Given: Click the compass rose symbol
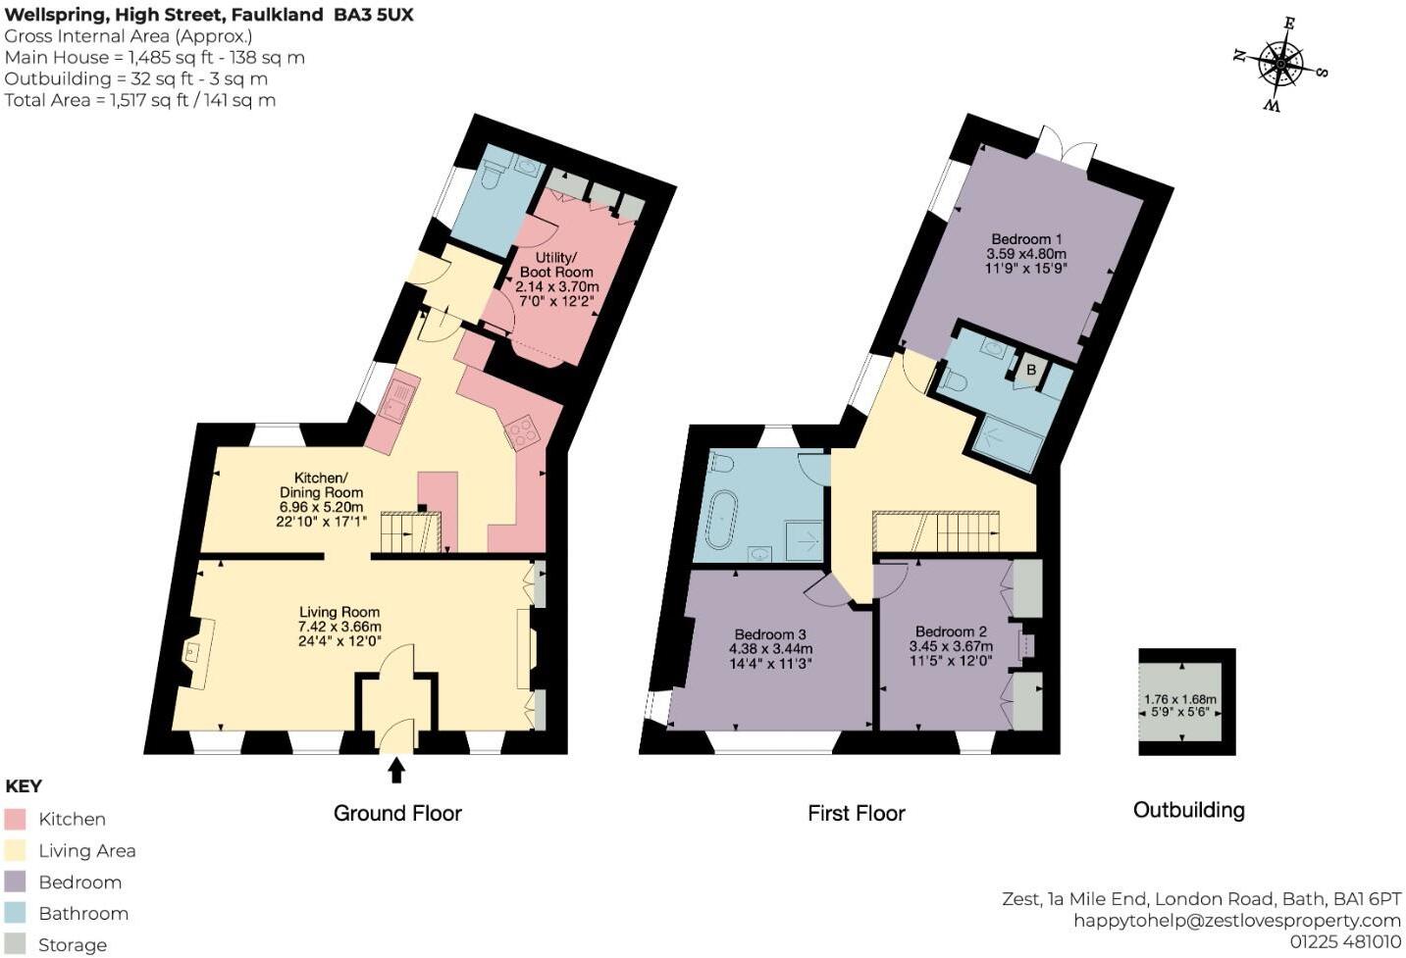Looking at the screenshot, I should [1279, 65].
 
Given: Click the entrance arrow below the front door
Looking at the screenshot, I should [396, 771].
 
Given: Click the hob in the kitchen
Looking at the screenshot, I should [522, 430].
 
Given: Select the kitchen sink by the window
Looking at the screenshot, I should [396, 400].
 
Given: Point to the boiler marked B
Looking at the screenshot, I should [1030, 371].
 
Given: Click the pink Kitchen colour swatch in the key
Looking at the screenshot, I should [15, 819].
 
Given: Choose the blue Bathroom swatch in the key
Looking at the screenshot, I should [15, 913].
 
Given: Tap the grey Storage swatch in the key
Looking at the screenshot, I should [15, 944].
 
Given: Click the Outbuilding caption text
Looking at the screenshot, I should [1188, 810].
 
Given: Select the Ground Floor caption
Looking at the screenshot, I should [397, 813].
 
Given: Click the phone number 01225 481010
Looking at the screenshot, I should [1345, 941].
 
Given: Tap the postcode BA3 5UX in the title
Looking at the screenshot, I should [373, 15].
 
